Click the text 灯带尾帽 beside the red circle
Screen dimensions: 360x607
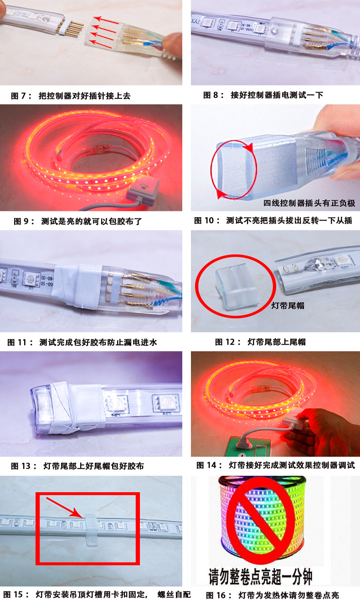click(x=288, y=306)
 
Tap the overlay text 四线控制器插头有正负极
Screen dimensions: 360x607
click(x=309, y=203)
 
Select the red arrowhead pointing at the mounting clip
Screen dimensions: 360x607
click(x=79, y=514)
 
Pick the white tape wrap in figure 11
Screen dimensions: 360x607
click(x=79, y=286)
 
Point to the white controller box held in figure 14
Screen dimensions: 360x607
click(x=293, y=421)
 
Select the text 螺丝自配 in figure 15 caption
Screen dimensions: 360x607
click(x=175, y=595)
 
